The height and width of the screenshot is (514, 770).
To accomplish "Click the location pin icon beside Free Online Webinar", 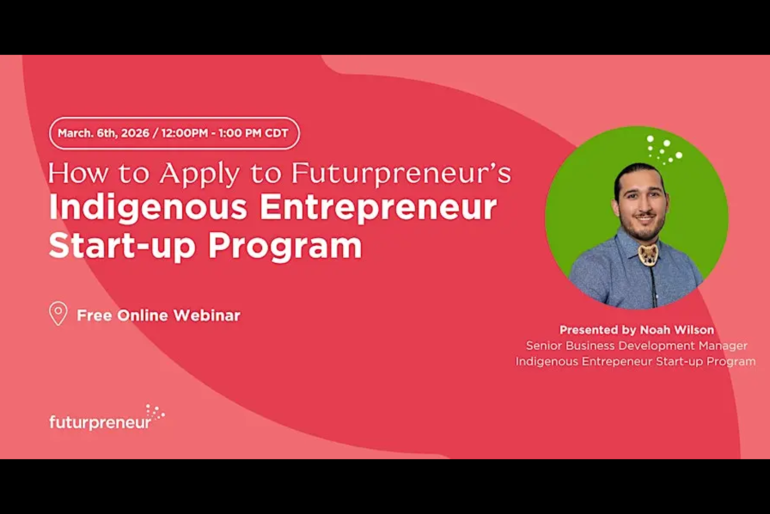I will point(58,313).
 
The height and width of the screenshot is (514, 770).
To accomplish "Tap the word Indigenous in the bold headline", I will point(147,208).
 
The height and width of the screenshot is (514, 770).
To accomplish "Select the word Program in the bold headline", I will point(285,247).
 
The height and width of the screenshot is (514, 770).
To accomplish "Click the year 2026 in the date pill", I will point(135,133).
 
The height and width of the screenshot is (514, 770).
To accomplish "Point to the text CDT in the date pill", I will point(276,133).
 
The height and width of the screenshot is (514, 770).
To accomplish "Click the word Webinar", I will point(207,316).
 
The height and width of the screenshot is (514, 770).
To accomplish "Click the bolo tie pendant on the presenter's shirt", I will point(648,255).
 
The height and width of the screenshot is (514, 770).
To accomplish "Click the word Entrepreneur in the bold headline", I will point(378,208).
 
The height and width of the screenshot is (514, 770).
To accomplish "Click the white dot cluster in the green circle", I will point(664,149).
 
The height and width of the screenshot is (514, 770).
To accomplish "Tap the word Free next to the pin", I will point(94,316).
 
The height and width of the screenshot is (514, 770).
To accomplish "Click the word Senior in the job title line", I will point(544,346).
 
